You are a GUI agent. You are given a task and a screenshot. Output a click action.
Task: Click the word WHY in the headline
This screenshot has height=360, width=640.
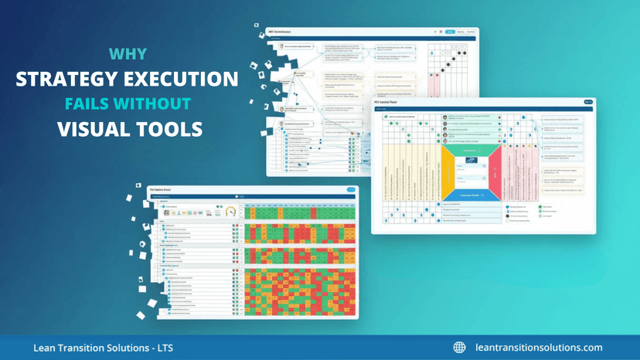tap(128, 55)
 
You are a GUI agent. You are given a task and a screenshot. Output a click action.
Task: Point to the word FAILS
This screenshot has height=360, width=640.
tap(88, 104)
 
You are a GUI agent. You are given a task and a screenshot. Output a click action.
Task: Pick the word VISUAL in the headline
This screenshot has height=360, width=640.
tap(91, 129)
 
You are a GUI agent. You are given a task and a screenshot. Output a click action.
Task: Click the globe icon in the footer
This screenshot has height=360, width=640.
tap(459, 348)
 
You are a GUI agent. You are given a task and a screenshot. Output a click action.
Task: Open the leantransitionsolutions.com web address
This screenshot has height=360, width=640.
tap(539, 348)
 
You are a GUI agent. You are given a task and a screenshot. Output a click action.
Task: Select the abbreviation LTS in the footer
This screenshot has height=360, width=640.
tap(163, 348)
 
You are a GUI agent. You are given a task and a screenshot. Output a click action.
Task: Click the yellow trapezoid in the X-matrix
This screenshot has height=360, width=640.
tap(448, 169)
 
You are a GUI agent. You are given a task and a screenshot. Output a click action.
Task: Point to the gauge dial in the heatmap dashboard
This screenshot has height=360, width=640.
tap(230, 212)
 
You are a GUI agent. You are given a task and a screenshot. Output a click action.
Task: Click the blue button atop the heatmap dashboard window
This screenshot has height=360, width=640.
tap(351, 190)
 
